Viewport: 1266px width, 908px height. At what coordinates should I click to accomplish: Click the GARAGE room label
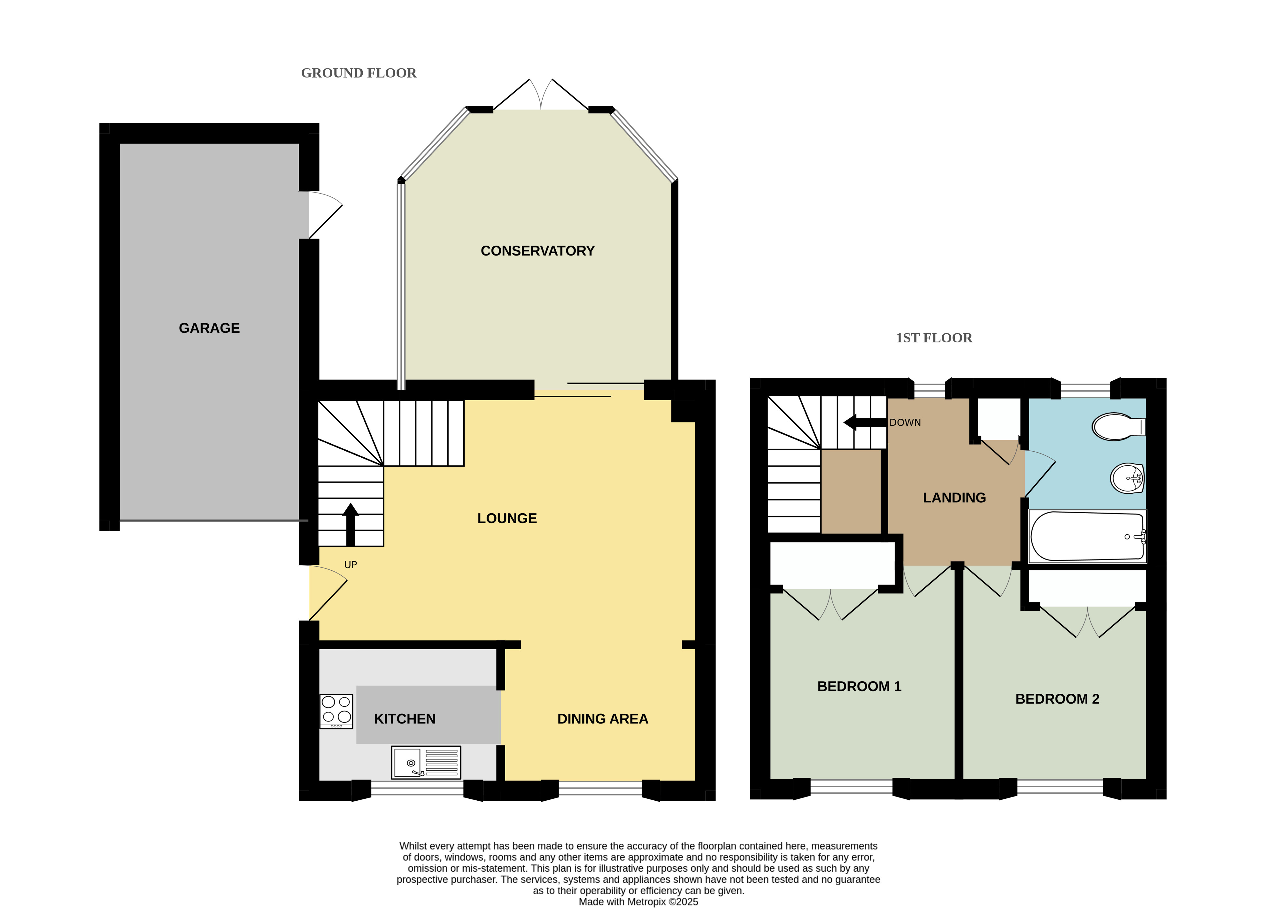coord(209,328)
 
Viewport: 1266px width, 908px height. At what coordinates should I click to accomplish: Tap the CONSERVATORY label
coord(537,251)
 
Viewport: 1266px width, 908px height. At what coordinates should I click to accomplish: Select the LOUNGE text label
coord(507,518)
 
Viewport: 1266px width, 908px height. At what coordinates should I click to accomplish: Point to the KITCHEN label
coord(405,719)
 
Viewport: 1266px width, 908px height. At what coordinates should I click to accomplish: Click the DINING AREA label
coord(603,719)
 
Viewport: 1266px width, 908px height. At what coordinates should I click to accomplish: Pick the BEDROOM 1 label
coord(859,686)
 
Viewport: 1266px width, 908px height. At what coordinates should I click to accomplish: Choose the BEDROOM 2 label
coord(1057,699)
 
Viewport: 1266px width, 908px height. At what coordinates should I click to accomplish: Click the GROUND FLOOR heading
coord(359,73)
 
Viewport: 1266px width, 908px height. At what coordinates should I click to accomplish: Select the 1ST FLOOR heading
coord(934,338)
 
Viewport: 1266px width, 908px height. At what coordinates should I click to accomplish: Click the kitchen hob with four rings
coord(336,712)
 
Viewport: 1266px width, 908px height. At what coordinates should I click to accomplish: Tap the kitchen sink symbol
coord(426,762)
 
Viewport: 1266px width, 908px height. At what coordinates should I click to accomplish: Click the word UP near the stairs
coord(351,565)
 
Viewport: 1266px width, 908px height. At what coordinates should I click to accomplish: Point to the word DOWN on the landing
coord(905,423)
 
